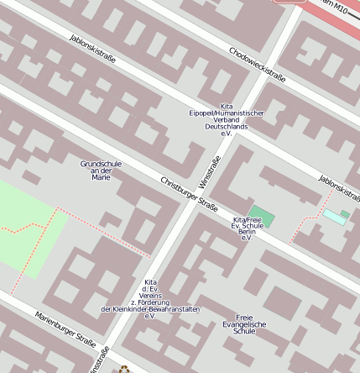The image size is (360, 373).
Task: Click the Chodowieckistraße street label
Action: pyautogui.click(x=258, y=65)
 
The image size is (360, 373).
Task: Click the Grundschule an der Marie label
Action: pyautogui.click(x=101, y=171)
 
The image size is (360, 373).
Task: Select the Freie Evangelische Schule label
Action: pyautogui.click(x=244, y=324)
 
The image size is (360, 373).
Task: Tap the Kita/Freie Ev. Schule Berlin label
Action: pyautogui.click(x=248, y=229)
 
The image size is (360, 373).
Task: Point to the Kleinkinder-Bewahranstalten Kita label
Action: pyautogui.click(x=151, y=299)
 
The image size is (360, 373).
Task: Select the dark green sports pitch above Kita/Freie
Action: pyautogui.click(x=261, y=215)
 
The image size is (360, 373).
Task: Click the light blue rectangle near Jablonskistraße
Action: pyautogui.click(x=335, y=218)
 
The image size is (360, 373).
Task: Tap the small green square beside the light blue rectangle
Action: pyautogui.click(x=345, y=214)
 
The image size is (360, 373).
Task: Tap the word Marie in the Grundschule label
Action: pyautogui.click(x=101, y=178)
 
